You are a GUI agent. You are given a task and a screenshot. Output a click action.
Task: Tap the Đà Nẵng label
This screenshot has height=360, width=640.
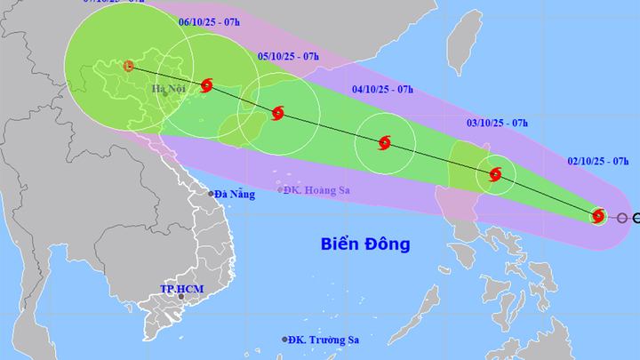click(236, 194)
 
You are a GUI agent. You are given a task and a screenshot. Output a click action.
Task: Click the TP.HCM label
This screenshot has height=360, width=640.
click(177, 290)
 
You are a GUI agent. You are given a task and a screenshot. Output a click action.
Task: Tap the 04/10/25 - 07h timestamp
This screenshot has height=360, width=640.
click(382, 89)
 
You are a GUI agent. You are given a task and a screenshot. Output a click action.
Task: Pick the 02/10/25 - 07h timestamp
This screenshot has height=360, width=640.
click(597, 163)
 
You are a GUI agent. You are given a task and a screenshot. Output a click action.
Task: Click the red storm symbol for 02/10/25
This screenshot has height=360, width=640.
click(598, 215)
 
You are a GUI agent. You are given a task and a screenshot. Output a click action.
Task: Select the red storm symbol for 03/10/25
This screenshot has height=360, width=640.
click(495, 174)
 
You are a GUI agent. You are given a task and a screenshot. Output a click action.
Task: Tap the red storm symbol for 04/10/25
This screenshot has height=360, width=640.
click(384, 142)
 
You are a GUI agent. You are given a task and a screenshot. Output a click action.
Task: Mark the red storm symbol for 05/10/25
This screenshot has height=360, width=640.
click(277, 113)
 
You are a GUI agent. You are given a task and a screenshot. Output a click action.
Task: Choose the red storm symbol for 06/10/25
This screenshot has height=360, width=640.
click(207, 85)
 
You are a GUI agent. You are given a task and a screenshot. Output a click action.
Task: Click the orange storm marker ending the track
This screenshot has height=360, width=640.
click(128, 66)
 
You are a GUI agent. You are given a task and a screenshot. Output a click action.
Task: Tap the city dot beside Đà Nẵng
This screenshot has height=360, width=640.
click(211, 194)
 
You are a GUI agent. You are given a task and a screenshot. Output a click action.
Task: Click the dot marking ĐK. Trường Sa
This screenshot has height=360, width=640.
click(285, 340)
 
